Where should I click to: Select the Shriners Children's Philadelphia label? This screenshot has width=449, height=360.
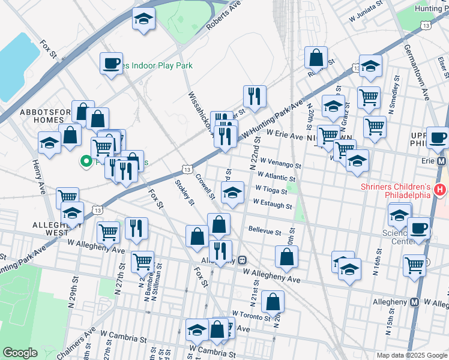396,190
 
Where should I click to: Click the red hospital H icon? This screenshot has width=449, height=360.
440,190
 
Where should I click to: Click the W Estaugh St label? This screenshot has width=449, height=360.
273,205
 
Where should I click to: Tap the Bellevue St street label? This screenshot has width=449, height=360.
265,231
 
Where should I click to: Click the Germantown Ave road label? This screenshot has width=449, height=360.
414,71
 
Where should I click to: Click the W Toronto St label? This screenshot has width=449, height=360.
252,314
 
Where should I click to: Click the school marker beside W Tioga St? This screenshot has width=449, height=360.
232,192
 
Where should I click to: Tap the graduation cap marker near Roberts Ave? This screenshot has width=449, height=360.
144,18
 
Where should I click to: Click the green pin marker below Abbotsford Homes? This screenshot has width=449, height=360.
86,161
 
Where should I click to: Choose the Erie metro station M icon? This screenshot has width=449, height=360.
442,162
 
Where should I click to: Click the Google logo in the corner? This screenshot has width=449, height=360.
20,353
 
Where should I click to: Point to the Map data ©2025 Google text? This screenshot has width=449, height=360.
411,355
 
